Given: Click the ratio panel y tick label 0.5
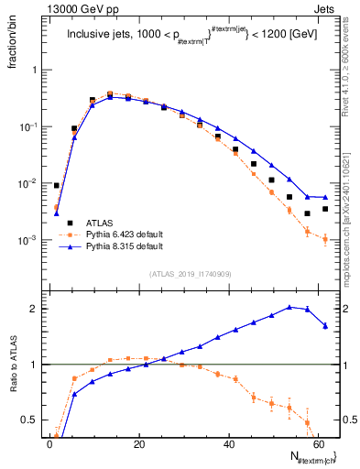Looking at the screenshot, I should coord(31,420).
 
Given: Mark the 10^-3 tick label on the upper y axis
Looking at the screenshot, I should coord(29,240).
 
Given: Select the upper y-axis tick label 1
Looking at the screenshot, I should coord(35,70).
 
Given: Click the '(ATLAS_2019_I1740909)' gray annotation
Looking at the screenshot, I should coord(190,274).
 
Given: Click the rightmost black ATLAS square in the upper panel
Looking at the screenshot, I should coord(325,209).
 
